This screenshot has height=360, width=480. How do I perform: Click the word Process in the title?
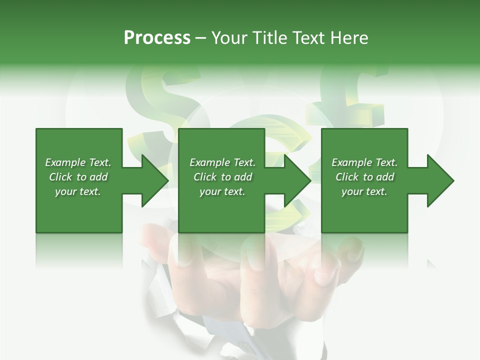tap(157, 38)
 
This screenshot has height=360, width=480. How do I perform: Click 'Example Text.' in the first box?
tap(78, 162)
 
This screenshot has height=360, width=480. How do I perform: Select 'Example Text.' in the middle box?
tap(222, 162)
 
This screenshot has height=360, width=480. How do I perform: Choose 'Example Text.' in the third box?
tap(364, 162)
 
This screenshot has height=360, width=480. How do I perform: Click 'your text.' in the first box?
tap(78, 191)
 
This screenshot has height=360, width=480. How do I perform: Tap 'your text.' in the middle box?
tap(222, 191)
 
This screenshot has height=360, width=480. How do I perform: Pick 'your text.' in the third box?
tap(364, 191)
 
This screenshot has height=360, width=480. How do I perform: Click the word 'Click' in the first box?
tap(60, 177)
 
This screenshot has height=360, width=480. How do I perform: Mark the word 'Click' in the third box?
tap(347, 177)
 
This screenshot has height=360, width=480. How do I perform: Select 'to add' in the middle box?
tap(236, 177)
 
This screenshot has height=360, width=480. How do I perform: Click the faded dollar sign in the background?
tap(160, 100)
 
